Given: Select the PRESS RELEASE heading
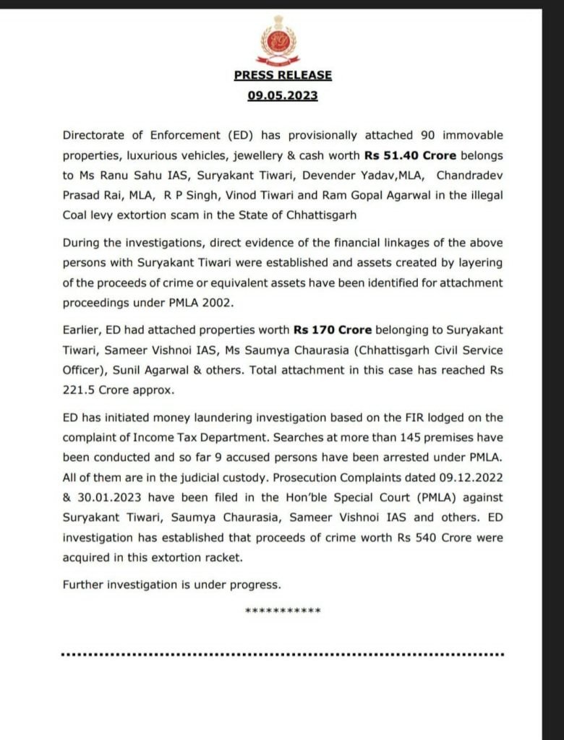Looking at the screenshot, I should (x=283, y=75).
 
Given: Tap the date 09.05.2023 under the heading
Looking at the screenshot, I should (x=283, y=95).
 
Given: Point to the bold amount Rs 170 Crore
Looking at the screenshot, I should (x=333, y=330).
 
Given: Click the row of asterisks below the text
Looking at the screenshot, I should (x=283, y=611).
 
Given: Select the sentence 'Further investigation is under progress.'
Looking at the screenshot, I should (x=171, y=584).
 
